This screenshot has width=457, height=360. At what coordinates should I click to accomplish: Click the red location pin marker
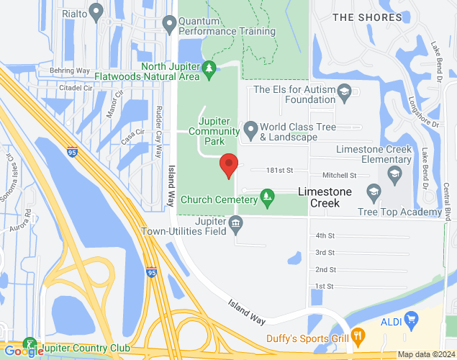(229, 166)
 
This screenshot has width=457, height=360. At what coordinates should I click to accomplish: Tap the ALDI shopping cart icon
(412, 318)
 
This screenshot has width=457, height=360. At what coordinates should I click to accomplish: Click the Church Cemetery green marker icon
(267, 195)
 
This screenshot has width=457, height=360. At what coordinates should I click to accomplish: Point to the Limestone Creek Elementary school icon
(394, 173)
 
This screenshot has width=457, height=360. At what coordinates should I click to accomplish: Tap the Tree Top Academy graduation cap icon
(373, 192)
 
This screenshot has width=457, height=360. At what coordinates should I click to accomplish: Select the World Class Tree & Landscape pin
(250, 130)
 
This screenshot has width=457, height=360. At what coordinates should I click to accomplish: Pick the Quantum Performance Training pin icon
(169, 25)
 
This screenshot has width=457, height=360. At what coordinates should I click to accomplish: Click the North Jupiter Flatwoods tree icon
(209, 68)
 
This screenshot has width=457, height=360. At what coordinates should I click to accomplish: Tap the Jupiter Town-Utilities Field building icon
(236, 226)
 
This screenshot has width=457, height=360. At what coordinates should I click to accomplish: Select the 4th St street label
(325, 235)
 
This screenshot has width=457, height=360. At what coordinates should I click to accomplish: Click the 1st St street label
(325, 287)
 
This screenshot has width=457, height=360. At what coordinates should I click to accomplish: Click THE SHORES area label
(366, 17)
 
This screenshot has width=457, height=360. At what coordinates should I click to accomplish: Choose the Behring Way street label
(70, 71)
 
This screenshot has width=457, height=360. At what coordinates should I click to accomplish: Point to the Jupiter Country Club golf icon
(30, 344)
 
